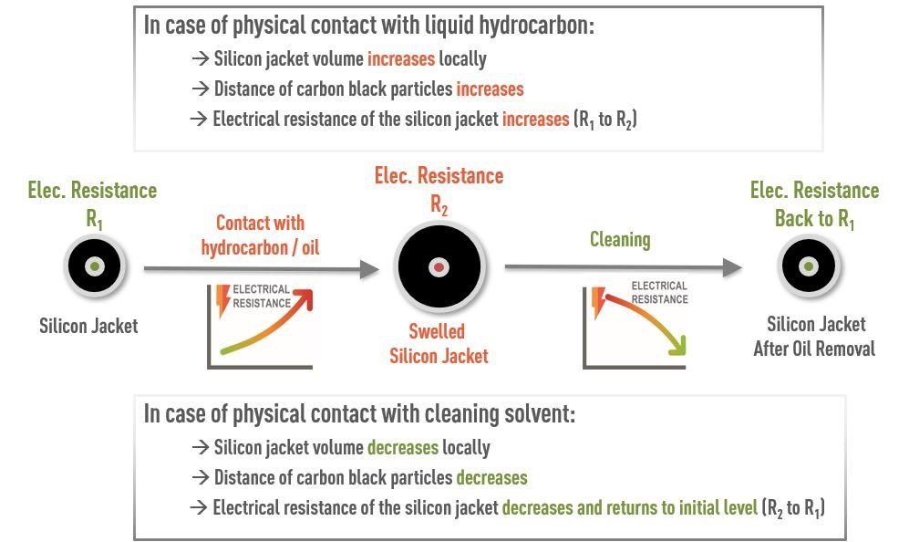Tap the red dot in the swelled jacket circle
[x=439, y=267]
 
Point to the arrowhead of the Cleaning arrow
[x=732, y=267]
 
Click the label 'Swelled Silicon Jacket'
[x=439, y=343]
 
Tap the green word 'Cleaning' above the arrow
[x=620, y=240]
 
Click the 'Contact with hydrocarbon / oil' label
[x=260, y=235]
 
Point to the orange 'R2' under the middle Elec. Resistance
[x=439, y=203]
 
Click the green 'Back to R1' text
[x=814, y=219]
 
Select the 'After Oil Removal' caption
[x=815, y=349]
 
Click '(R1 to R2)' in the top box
[x=604, y=120]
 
